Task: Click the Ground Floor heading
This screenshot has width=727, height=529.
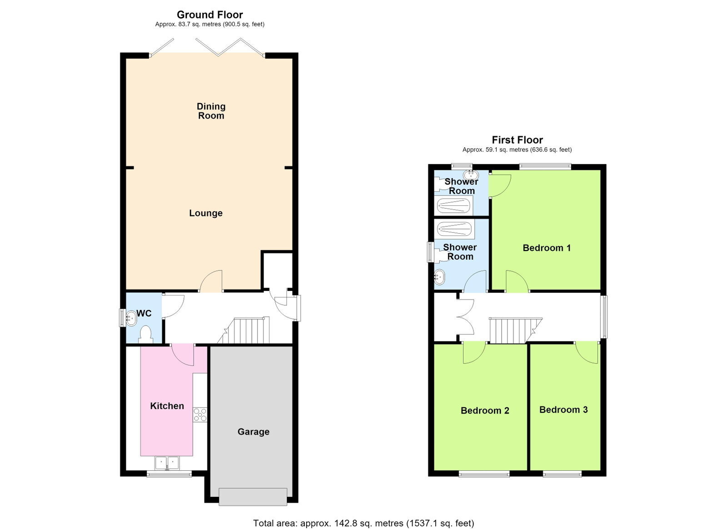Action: pyautogui.click(x=209, y=15)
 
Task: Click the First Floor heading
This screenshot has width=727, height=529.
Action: pyautogui.click(x=518, y=140)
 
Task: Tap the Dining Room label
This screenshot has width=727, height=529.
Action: pyautogui.click(x=211, y=111)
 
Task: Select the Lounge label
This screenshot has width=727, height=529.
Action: pyautogui.click(x=206, y=213)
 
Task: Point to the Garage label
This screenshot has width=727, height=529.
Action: pyautogui.click(x=254, y=432)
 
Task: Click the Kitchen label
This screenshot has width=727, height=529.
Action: pyautogui.click(x=167, y=406)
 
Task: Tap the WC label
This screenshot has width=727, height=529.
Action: pyautogui.click(x=144, y=313)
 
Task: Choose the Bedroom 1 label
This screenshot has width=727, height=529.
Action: pyautogui.click(x=547, y=248)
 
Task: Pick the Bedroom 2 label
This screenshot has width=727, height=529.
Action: pyautogui.click(x=485, y=410)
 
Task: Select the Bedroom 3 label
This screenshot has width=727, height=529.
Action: pyautogui.click(x=563, y=409)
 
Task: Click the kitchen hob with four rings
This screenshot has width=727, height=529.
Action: pyautogui.click(x=200, y=415)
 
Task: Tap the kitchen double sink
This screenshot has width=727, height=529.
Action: pyautogui.click(x=167, y=464)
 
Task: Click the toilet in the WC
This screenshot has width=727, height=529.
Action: pyautogui.click(x=146, y=334)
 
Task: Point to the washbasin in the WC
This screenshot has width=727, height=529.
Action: pyautogui.click(x=131, y=318)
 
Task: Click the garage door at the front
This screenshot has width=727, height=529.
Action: pyautogui.click(x=253, y=497)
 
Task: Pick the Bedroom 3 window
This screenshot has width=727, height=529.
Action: pyautogui.click(x=562, y=474)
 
